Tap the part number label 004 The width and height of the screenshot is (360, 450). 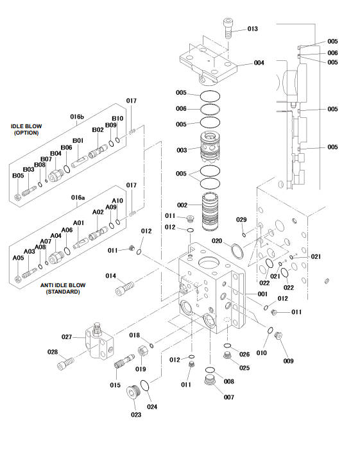point(259,63)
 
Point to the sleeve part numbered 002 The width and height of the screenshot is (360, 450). point(210,212)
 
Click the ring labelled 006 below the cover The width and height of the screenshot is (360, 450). point(210,110)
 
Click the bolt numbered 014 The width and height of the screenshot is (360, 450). point(124,288)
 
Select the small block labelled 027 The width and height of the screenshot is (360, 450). point(99,340)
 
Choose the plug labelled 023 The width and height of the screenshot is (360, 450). point(133,392)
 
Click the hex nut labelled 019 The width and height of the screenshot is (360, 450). point(143,351)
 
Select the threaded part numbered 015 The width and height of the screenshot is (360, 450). point(124,362)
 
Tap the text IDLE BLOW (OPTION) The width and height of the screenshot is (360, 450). point(26,129)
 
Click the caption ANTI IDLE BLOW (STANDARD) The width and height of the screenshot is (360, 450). point(63,288)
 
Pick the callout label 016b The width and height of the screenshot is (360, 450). point(77,117)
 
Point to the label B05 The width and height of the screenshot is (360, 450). point(18,176)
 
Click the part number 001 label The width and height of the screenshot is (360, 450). point(262,294)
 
